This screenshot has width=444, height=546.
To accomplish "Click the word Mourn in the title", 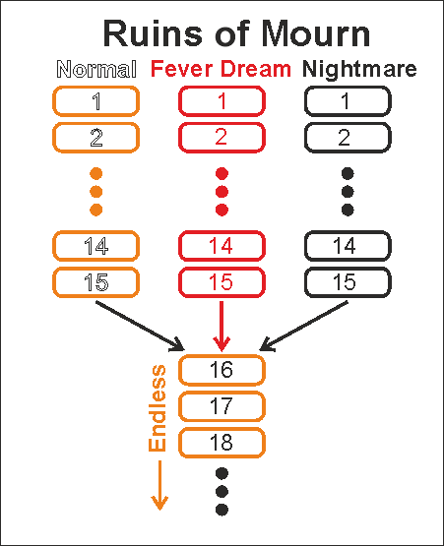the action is click(x=315, y=33).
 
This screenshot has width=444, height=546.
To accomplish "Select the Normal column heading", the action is click(x=96, y=69).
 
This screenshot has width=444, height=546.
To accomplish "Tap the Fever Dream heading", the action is click(x=221, y=68).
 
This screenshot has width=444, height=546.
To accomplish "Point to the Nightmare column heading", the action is click(x=359, y=69).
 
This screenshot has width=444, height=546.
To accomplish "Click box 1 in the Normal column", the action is click(x=95, y=101).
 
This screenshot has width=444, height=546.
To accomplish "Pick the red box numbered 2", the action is click(x=222, y=137).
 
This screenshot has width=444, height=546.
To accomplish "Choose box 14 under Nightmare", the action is click(x=348, y=246).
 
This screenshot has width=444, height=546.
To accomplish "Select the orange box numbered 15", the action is click(x=95, y=282).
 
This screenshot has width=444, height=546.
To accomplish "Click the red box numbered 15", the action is click(x=222, y=282).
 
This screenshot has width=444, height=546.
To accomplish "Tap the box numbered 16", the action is click(x=222, y=370).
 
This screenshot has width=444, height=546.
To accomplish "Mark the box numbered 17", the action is click(x=222, y=406).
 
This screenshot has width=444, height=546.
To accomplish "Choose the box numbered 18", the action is click(x=222, y=443).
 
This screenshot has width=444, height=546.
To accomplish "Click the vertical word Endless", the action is click(x=158, y=408).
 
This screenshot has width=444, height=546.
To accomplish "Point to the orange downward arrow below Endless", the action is click(x=159, y=485).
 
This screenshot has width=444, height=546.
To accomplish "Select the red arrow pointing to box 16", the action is click(x=222, y=327).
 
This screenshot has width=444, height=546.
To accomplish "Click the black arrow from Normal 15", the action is click(x=140, y=327).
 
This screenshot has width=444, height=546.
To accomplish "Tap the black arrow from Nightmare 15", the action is click(x=303, y=327).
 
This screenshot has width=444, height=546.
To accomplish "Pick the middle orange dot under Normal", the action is click(x=95, y=192).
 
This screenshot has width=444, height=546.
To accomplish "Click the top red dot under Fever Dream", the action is click(x=222, y=173).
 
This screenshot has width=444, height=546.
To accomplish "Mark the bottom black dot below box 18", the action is click(x=222, y=510).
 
